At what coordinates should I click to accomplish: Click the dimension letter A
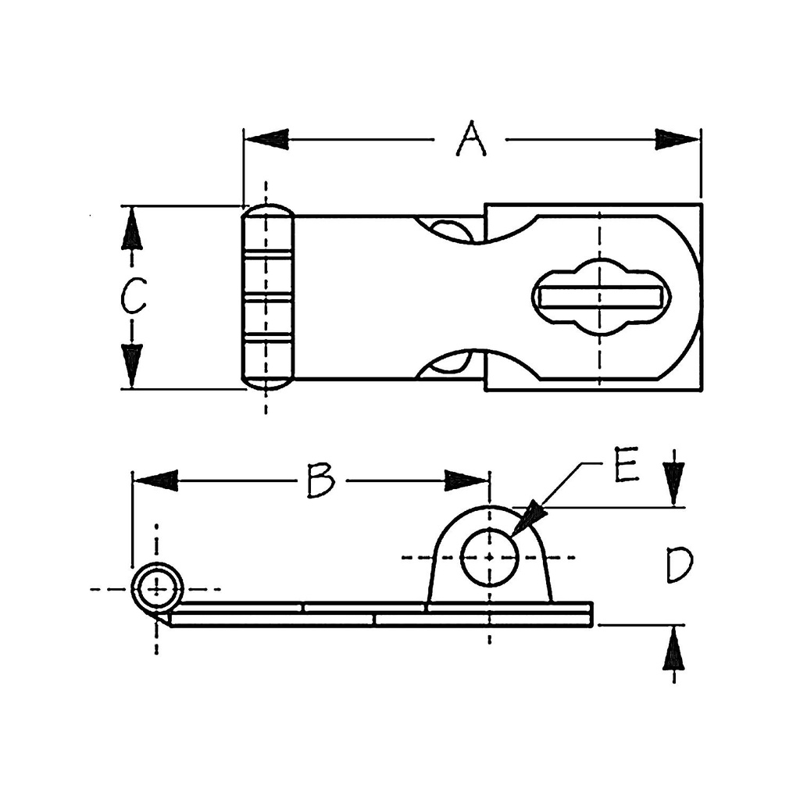click(471, 140)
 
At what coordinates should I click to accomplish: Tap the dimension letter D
click(678, 566)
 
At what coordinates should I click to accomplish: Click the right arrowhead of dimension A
click(677, 140)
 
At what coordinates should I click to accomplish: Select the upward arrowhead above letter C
click(132, 230)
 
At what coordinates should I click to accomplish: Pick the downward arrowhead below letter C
click(132, 364)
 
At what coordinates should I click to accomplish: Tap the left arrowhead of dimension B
click(155, 480)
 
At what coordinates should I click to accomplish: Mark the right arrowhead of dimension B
click(466, 480)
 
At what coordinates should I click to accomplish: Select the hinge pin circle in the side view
click(157, 587)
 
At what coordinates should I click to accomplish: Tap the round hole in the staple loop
click(490, 557)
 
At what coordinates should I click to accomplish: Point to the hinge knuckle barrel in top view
click(267, 297)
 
